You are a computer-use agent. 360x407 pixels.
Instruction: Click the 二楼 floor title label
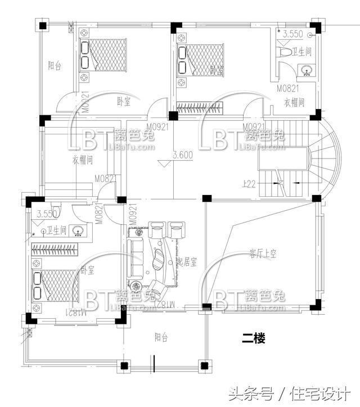click(x=253, y=338)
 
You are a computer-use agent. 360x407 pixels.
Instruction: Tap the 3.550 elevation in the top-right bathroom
click(x=293, y=34)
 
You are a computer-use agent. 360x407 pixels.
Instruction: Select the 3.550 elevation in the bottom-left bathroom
click(x=47, y=214)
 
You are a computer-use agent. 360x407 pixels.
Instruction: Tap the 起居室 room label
click(x=187, y=262)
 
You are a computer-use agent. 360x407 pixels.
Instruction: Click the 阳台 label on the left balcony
click(x=55, y=66)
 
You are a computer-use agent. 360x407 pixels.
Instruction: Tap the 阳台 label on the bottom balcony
click(x=161, y=337)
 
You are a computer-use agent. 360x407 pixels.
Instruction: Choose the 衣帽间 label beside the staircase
click(x=294, y=102)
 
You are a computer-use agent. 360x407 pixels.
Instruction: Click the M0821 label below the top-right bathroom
click(x=287, y=88)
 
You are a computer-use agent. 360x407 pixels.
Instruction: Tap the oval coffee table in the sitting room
click(x=160, y=259)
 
